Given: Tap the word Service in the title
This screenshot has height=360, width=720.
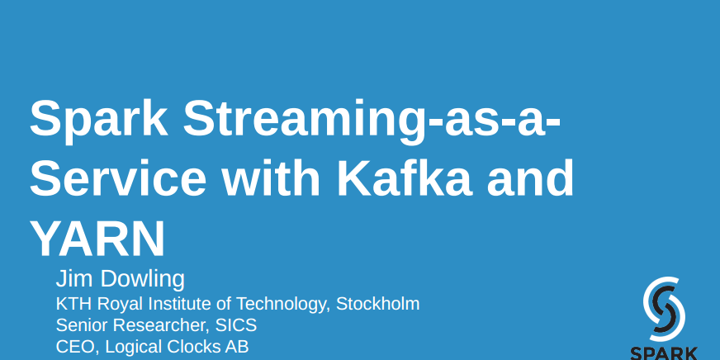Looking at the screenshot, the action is (118, 177).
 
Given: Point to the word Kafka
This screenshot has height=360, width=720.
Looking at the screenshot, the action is (404, 177).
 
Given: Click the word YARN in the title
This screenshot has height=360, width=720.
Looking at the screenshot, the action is (97, 238).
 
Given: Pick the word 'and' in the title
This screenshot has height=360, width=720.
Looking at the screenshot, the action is (530, 177).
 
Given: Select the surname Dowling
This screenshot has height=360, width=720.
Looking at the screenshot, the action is (142, 280).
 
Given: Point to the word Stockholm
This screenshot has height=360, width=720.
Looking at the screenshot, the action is (378, 304).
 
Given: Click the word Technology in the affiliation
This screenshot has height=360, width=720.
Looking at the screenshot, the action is (285, 305).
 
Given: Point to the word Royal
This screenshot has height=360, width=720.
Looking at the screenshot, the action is (117, 305).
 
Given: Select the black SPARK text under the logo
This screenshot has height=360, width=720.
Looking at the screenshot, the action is (664, 353).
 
